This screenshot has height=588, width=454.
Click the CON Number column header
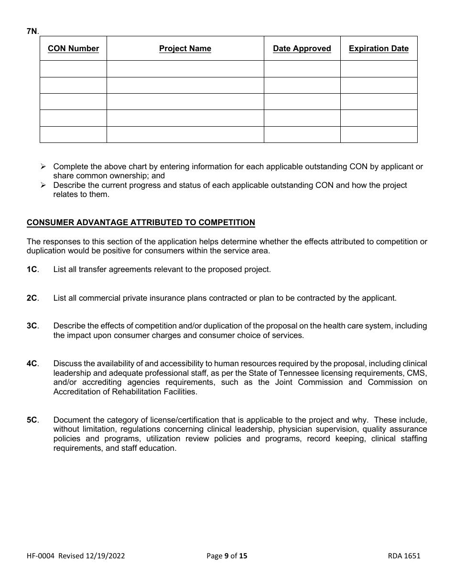[73, 48]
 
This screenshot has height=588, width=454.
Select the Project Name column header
[185, 48]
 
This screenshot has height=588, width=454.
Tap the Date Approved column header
[302, 48]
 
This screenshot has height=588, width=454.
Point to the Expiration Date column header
[378, 48]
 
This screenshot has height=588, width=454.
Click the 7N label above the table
[32, 31]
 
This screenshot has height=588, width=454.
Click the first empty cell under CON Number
[73, 69]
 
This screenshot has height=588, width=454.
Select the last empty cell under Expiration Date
[378, 134]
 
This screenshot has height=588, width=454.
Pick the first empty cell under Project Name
[185, 69]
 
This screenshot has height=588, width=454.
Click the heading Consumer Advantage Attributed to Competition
[141, 222]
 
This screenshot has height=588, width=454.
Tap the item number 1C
[32, 269]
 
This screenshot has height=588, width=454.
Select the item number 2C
[32, 298]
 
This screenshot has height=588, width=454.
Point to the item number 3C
[32, 326]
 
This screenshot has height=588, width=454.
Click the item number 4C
[32, 363]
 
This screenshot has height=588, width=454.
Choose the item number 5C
[32, 420]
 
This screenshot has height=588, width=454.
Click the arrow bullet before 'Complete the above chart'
[43, 166]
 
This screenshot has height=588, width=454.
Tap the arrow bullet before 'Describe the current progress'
[43, 185]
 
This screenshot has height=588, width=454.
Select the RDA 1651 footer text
[404, 555]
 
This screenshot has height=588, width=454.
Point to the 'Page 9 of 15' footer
[227, 555]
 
